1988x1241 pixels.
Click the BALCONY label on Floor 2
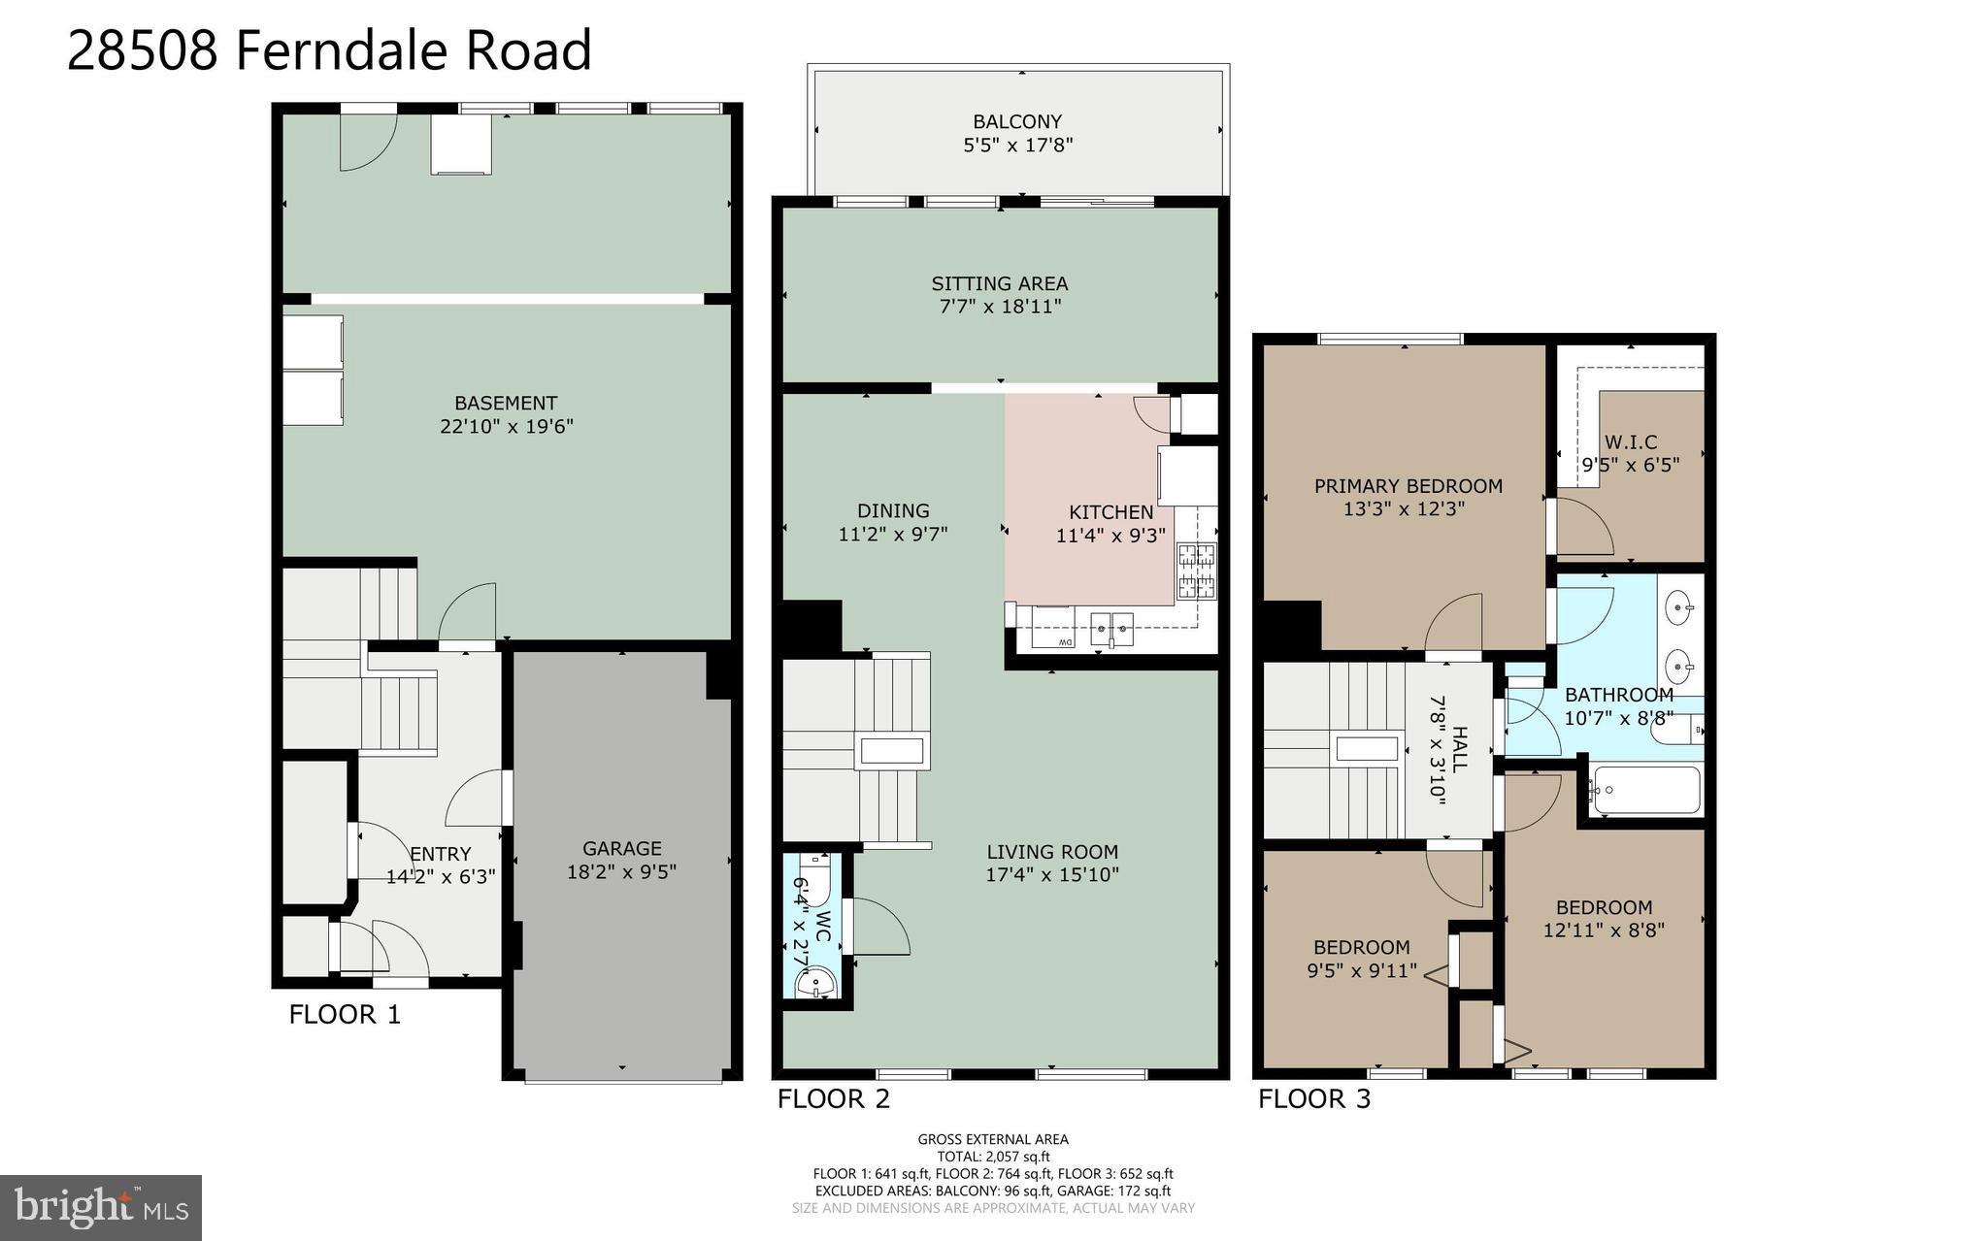click(1016, 122)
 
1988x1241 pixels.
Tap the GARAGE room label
click(621, 849)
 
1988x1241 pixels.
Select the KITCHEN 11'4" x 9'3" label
click(1110, 523)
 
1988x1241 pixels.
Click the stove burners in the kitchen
click(1196, 571)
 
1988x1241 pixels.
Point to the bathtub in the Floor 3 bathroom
click(1647, 791)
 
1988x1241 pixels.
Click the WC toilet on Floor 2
click(814, 879)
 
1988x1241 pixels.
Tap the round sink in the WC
click(814, 984)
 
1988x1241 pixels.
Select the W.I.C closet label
click(1630, 453)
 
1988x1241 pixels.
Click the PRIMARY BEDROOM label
click(1408, 486)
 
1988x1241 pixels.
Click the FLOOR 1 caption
click(345, 1015)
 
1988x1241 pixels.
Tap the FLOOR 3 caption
click(1314, 1099)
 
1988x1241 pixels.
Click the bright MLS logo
click(101, 1207)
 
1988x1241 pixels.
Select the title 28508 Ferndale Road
click(329, 50)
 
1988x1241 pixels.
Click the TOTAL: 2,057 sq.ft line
click(993, 1157)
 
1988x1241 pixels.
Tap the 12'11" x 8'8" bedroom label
click(1604, 930)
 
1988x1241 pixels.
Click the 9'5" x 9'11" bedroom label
click(1361, 969)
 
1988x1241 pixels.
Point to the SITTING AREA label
click(999, 283)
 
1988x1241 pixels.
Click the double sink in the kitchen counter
click(1112, 629)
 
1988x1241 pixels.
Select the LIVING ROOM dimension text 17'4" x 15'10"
click(1052, 874)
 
